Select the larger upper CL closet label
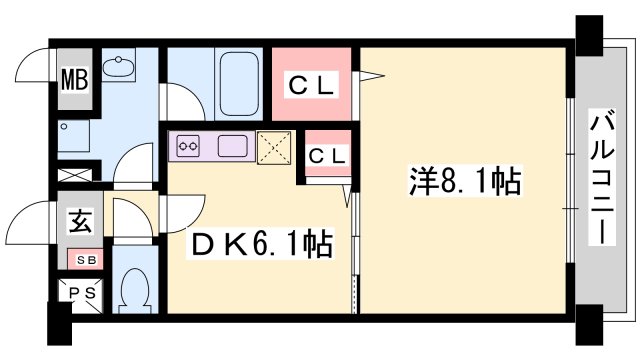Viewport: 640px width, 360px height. click(312, 84)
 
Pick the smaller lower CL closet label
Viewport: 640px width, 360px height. click(326, 156)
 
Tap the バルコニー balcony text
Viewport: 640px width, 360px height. click(603, 179)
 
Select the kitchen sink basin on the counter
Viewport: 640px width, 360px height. click(232, 145)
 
